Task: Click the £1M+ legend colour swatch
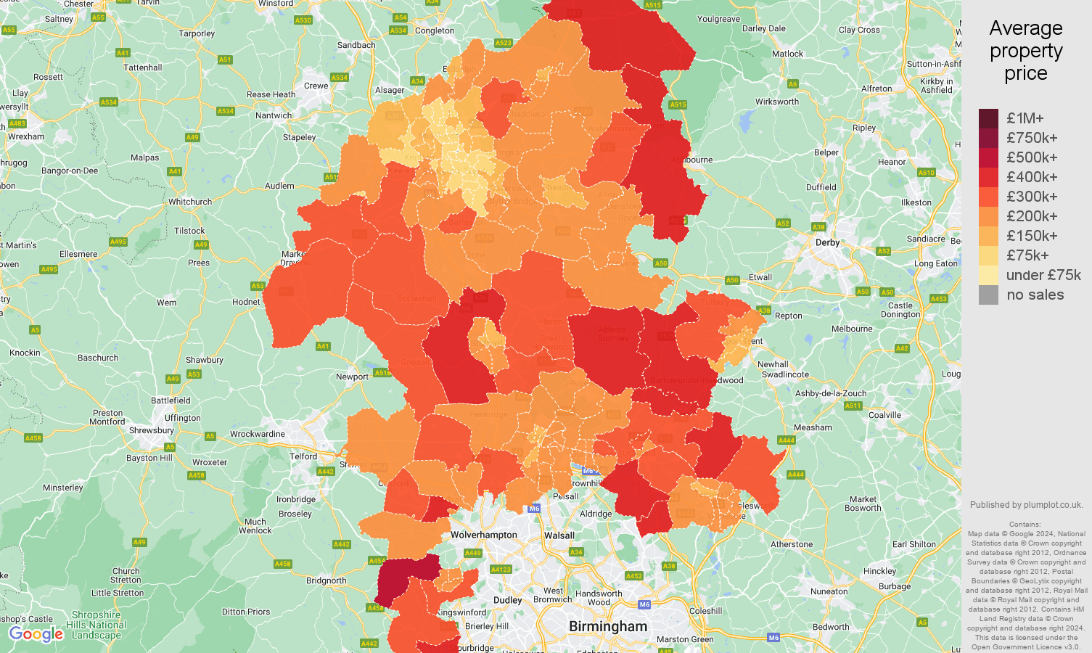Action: [988, 118]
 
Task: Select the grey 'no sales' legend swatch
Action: [988, 295]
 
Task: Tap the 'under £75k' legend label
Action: [1043, 275]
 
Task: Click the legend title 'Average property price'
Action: [1025, 51]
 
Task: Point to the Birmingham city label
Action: [607, 626]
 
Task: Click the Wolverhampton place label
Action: [484, 535]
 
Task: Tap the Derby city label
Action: [827, 242]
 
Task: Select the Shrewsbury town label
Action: [152, 430]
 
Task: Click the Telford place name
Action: [303, 456]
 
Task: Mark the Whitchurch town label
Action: [190, 202]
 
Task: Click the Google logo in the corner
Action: [36, 634]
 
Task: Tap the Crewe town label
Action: [316, 86]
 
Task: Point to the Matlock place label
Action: [787, 54]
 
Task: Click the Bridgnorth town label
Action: [327, 580]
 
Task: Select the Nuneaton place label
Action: [829, 591]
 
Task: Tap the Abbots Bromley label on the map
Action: [612, 334]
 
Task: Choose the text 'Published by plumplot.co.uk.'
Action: [1026, 505]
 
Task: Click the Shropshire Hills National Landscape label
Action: [97, 625]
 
